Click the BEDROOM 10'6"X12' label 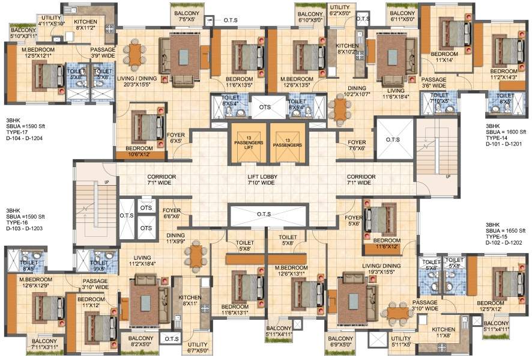point(138,152)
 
